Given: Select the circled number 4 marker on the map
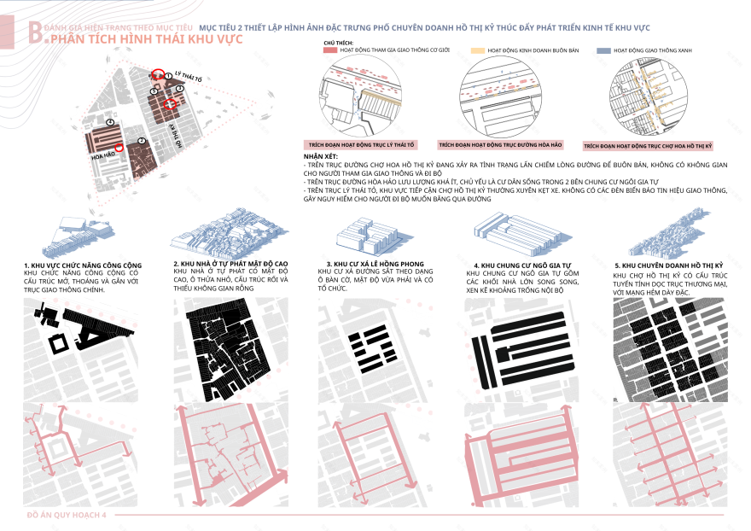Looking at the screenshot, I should click(x=110, y=123).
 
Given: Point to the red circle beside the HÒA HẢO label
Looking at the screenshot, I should click(x=119, y=148).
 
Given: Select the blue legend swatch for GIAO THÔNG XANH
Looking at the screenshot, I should click(x=603, y=51).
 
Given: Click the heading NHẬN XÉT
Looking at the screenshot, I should click(x=319, y=158).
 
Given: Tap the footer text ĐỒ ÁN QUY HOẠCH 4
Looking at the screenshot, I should click(x=67, y=516).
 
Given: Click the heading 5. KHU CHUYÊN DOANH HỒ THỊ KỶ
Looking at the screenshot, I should click(x=668, y=265).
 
